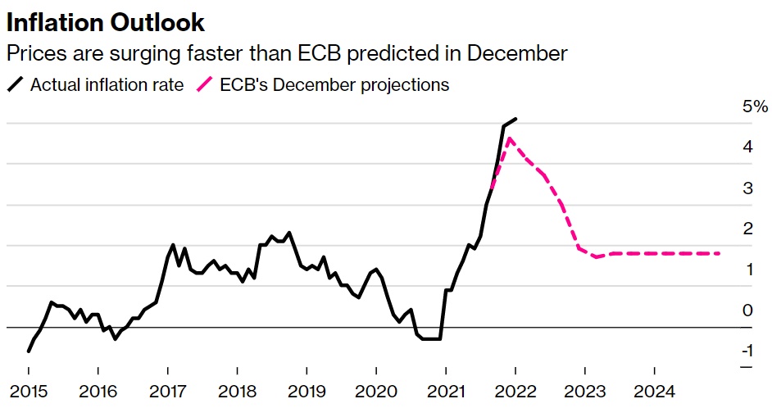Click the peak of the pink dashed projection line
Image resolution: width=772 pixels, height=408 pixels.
pyautogui.click(x=510, y=138)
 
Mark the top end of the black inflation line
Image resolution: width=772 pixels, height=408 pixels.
pyautogui.click(x=515, y=119)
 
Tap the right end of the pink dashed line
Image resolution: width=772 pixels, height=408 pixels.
pyautogui.click(x=720, y=253)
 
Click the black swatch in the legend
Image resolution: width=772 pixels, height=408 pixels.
pyautogui.click(x=16, y=84)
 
